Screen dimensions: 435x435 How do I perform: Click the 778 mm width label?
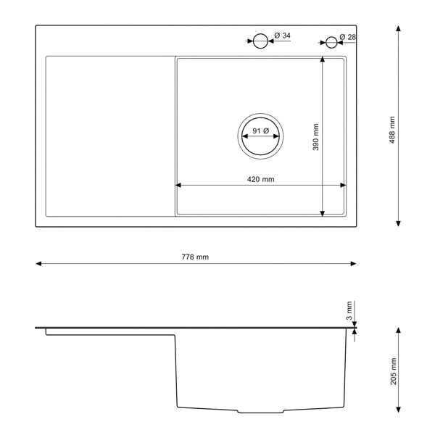click(195, 257)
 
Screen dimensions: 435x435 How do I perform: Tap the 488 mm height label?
click(392, 130)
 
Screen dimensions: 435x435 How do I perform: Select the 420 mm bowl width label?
click(261, 179)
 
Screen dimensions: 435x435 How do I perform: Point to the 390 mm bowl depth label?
click(315, 137)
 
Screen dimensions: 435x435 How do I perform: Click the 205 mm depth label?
click(394, 371)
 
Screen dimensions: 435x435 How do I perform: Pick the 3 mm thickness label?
click(349, 310)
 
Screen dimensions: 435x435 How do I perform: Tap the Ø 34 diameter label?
click(282, 36)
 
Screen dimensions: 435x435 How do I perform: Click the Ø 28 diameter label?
click(347, 37)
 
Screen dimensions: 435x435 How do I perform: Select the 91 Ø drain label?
click(260, 130)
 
